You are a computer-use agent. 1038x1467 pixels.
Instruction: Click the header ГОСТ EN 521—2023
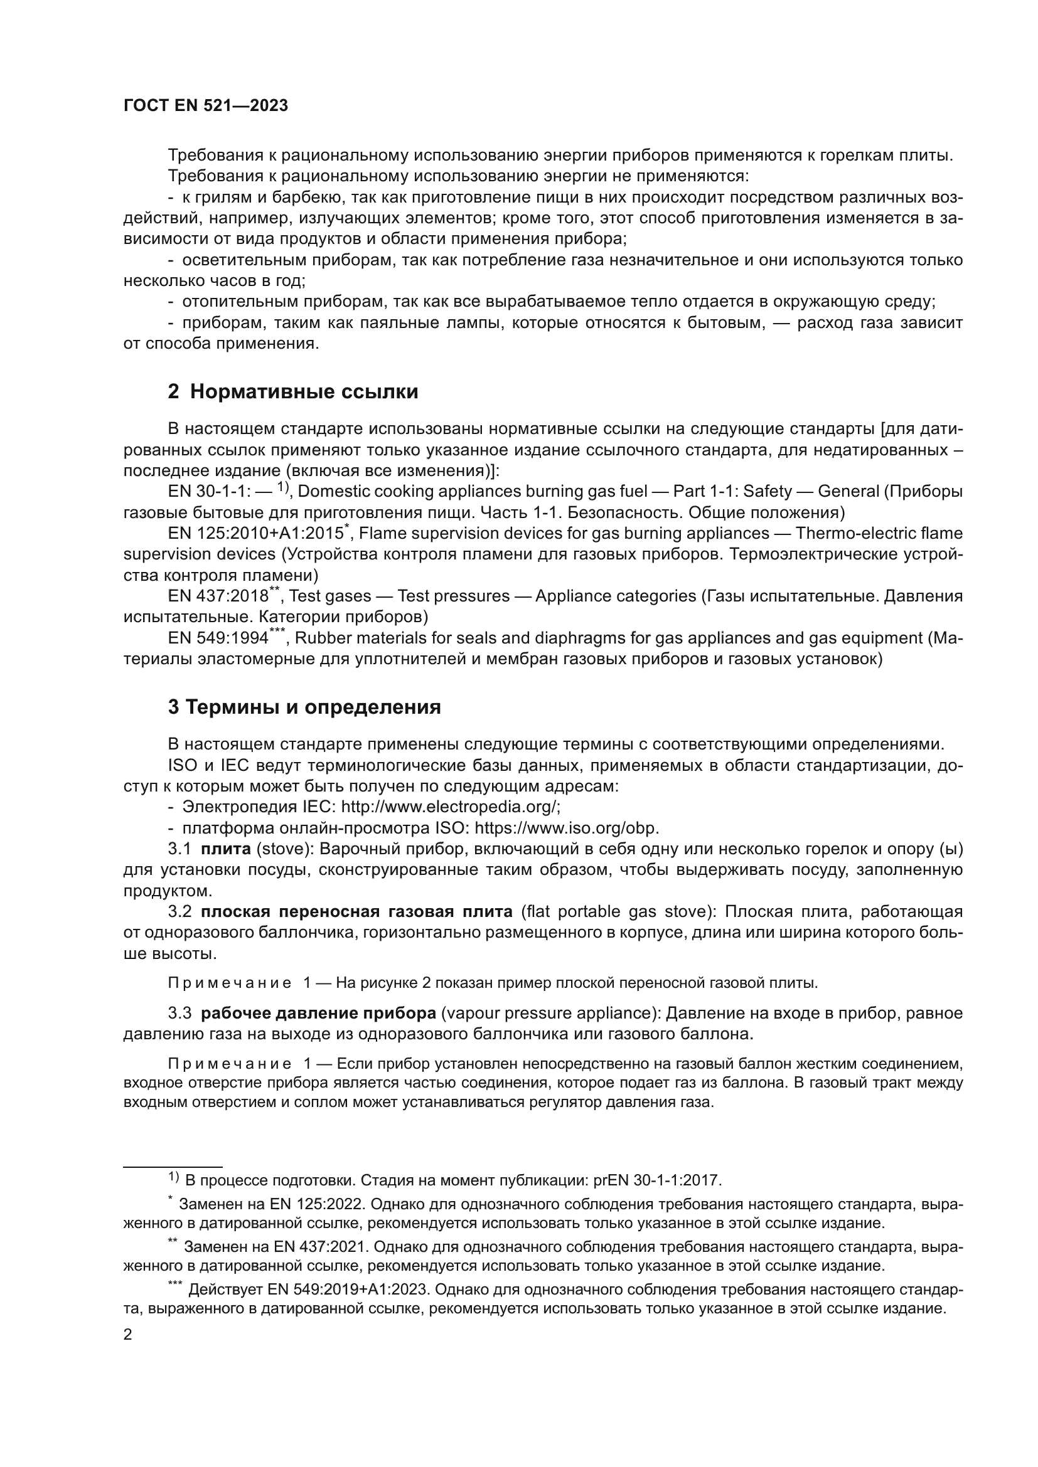[205, 106]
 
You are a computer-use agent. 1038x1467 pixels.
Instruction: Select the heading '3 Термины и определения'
[304, 707]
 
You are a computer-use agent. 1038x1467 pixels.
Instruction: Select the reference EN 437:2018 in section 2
[218, 596]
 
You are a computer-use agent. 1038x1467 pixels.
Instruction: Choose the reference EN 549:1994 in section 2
[218, 638]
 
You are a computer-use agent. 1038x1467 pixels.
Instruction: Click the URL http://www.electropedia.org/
[450, 807]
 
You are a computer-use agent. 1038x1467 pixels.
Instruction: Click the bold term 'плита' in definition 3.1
[226, 849]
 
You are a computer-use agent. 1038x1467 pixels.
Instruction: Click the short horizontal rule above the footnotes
[173, 1167]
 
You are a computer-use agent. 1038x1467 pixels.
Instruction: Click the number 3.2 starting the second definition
[179, 911]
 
